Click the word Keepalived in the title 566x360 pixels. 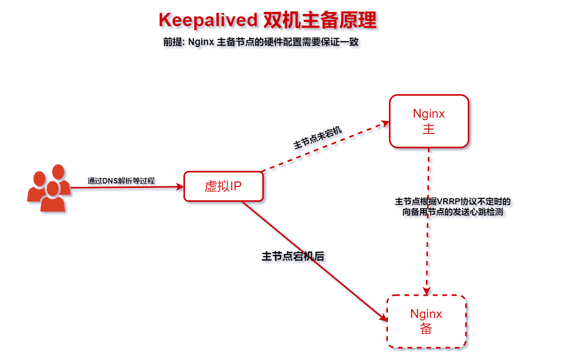click(x=208, y=20)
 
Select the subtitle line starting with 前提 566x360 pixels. click(x=261, y=42)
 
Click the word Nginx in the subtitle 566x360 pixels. click(x=201, y=42)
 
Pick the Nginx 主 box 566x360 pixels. click(x=428, y=121)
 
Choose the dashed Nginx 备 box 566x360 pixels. click(x=426, y=321)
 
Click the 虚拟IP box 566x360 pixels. click(x=223, y=186)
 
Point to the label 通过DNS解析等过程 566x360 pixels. click(x=121, y=181)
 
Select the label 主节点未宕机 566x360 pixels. click(x=318, y=138)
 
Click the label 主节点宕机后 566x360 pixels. click(x=292, y=256)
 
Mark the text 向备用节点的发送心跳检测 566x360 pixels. click(x=453, y=212)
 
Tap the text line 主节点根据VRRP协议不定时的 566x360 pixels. click(x=453, y=202)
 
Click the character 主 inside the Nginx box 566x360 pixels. click(x=428, y=129)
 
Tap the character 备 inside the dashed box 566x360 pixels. click(x=426, y=329)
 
